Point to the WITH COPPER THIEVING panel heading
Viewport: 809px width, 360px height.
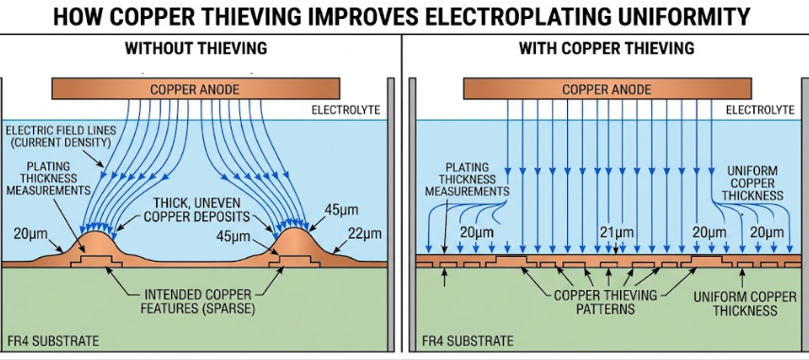(x=606, y=48)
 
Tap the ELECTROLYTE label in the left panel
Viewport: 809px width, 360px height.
(x=346, y=111)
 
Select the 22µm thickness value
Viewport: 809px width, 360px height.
(x=364, y=233)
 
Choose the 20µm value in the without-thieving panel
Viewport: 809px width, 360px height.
(x=33, y=233)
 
